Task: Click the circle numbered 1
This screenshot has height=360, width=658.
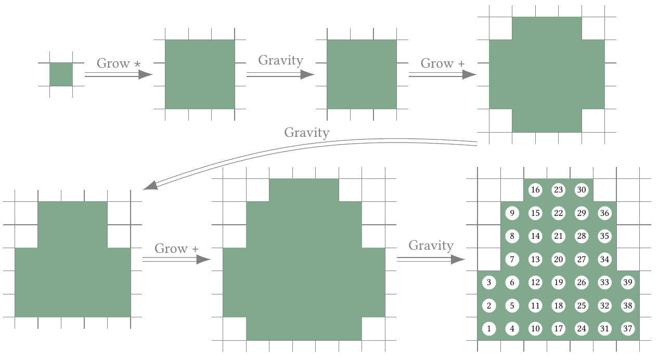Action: pyautogui.click(x=489, y=329)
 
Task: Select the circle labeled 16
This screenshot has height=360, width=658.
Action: pyautogui.click(x=535, y=190)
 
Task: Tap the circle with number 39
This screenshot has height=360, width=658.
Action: pyautogui.click(x=628, y=282)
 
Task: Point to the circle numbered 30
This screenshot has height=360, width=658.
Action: pyautogui.click(x=582, y=190)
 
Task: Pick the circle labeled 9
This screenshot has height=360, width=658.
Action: pyautogui.click(x=512, y=213)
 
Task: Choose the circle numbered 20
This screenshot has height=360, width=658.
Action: pyautogui.click(x=559, y=259)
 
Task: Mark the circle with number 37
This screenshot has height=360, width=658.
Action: pyautogui.click(x=628, y=329)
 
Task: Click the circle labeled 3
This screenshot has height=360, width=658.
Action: pyautogui.click(x=489, y=282)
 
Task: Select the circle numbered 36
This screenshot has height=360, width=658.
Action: pyautogui.click(x=604, y=213)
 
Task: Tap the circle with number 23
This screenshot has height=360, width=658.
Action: pyautogui.click(x=559, y=190)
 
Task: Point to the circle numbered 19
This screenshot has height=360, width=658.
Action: pyautogui.click(x=559, y=282)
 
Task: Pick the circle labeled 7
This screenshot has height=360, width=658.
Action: pyautogui.click(x=512, y=259)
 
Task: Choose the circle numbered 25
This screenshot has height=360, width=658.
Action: pyautogui.click(x=582, y=305)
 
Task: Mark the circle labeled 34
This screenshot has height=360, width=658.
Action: pyautogui.click(x=604, y=259)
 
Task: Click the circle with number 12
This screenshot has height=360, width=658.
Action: pyautogui.click(x=535, y=282)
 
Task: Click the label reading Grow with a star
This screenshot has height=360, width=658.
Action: pyautogui.click(x=119, y=63)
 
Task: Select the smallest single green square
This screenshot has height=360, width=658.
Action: pyautogui.click(x=61, y=74)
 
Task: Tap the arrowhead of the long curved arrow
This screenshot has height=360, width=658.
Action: pyautogui.click(x=149, y=185)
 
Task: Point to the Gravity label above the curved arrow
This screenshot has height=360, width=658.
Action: pyautogui.click(x=306, y=133)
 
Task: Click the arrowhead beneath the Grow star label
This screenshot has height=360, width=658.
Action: pyautogui.click(x=146, y=74)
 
